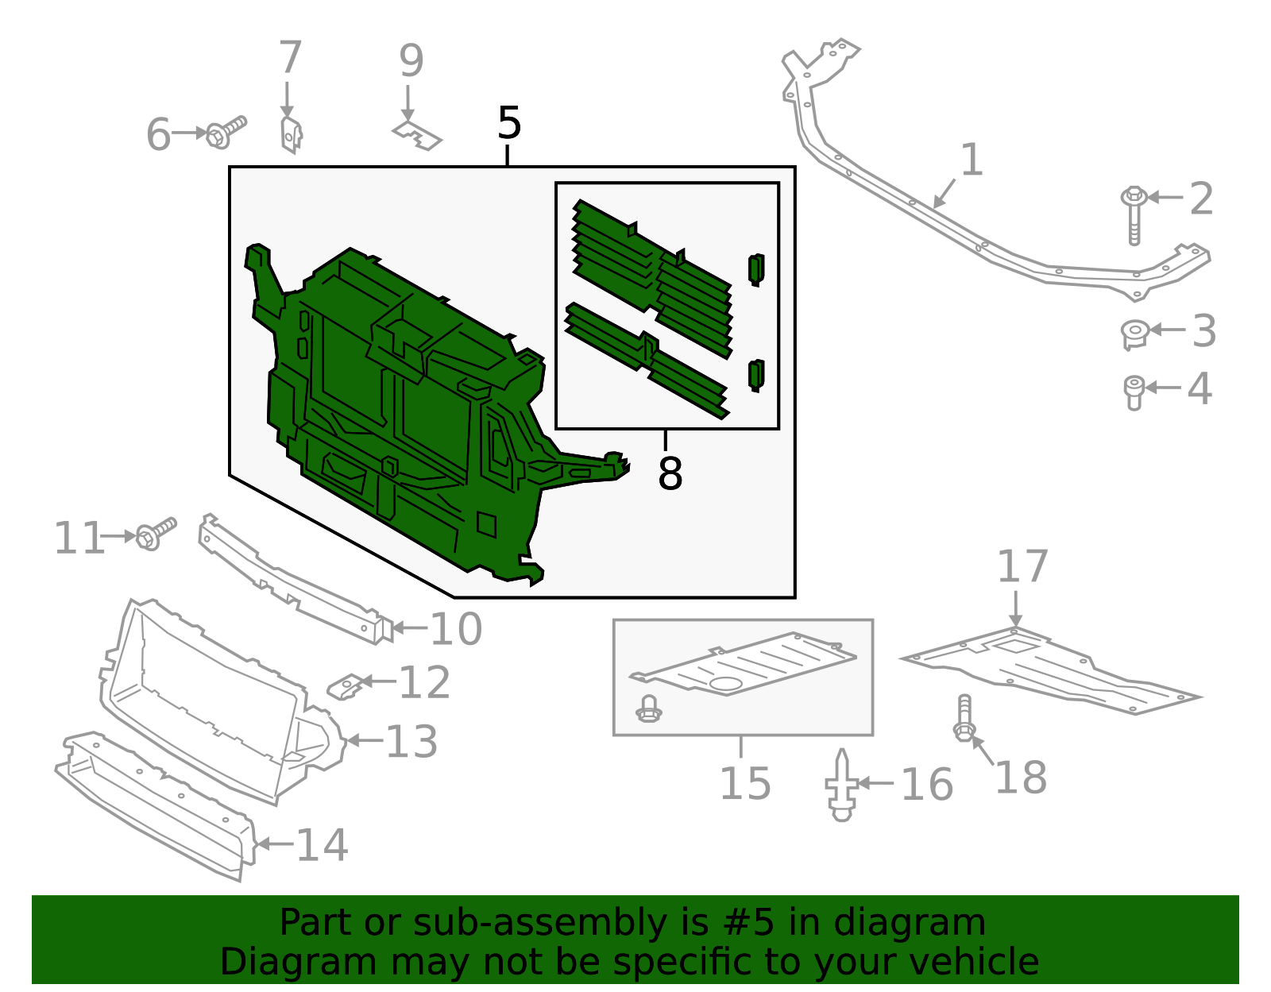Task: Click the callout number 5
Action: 509,124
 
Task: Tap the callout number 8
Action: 670,474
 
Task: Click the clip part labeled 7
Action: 292,135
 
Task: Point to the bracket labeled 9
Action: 417,136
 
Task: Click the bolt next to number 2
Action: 1134,214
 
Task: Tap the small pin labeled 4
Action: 1134,392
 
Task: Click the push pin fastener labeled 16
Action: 842,785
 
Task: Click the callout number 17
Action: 1022,567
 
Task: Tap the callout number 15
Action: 744,784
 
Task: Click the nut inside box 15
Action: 649,709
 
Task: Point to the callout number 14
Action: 322,844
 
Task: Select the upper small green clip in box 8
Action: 756,269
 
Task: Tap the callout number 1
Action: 972,160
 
